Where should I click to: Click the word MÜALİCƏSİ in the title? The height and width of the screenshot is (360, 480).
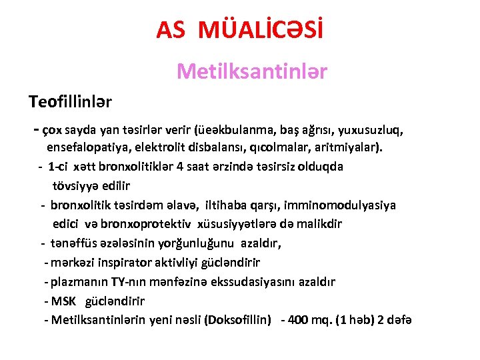pos(266,29)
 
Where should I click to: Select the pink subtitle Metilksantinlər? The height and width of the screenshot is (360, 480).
pos(252,71)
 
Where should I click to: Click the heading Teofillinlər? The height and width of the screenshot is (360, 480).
pos(70,102)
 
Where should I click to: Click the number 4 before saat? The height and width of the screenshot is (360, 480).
pos(179,166)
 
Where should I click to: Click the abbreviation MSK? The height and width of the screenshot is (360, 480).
pos(64,301)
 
